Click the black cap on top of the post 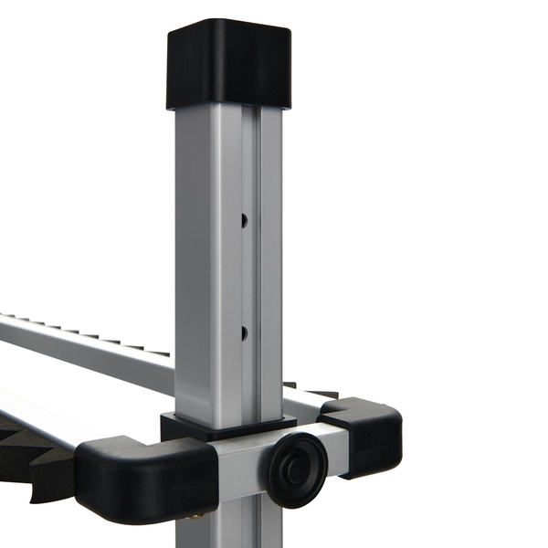point(228,64)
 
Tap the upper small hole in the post point(244,220)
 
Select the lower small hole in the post point(244,332)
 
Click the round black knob point(298,469)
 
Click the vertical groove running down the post point(253,274)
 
